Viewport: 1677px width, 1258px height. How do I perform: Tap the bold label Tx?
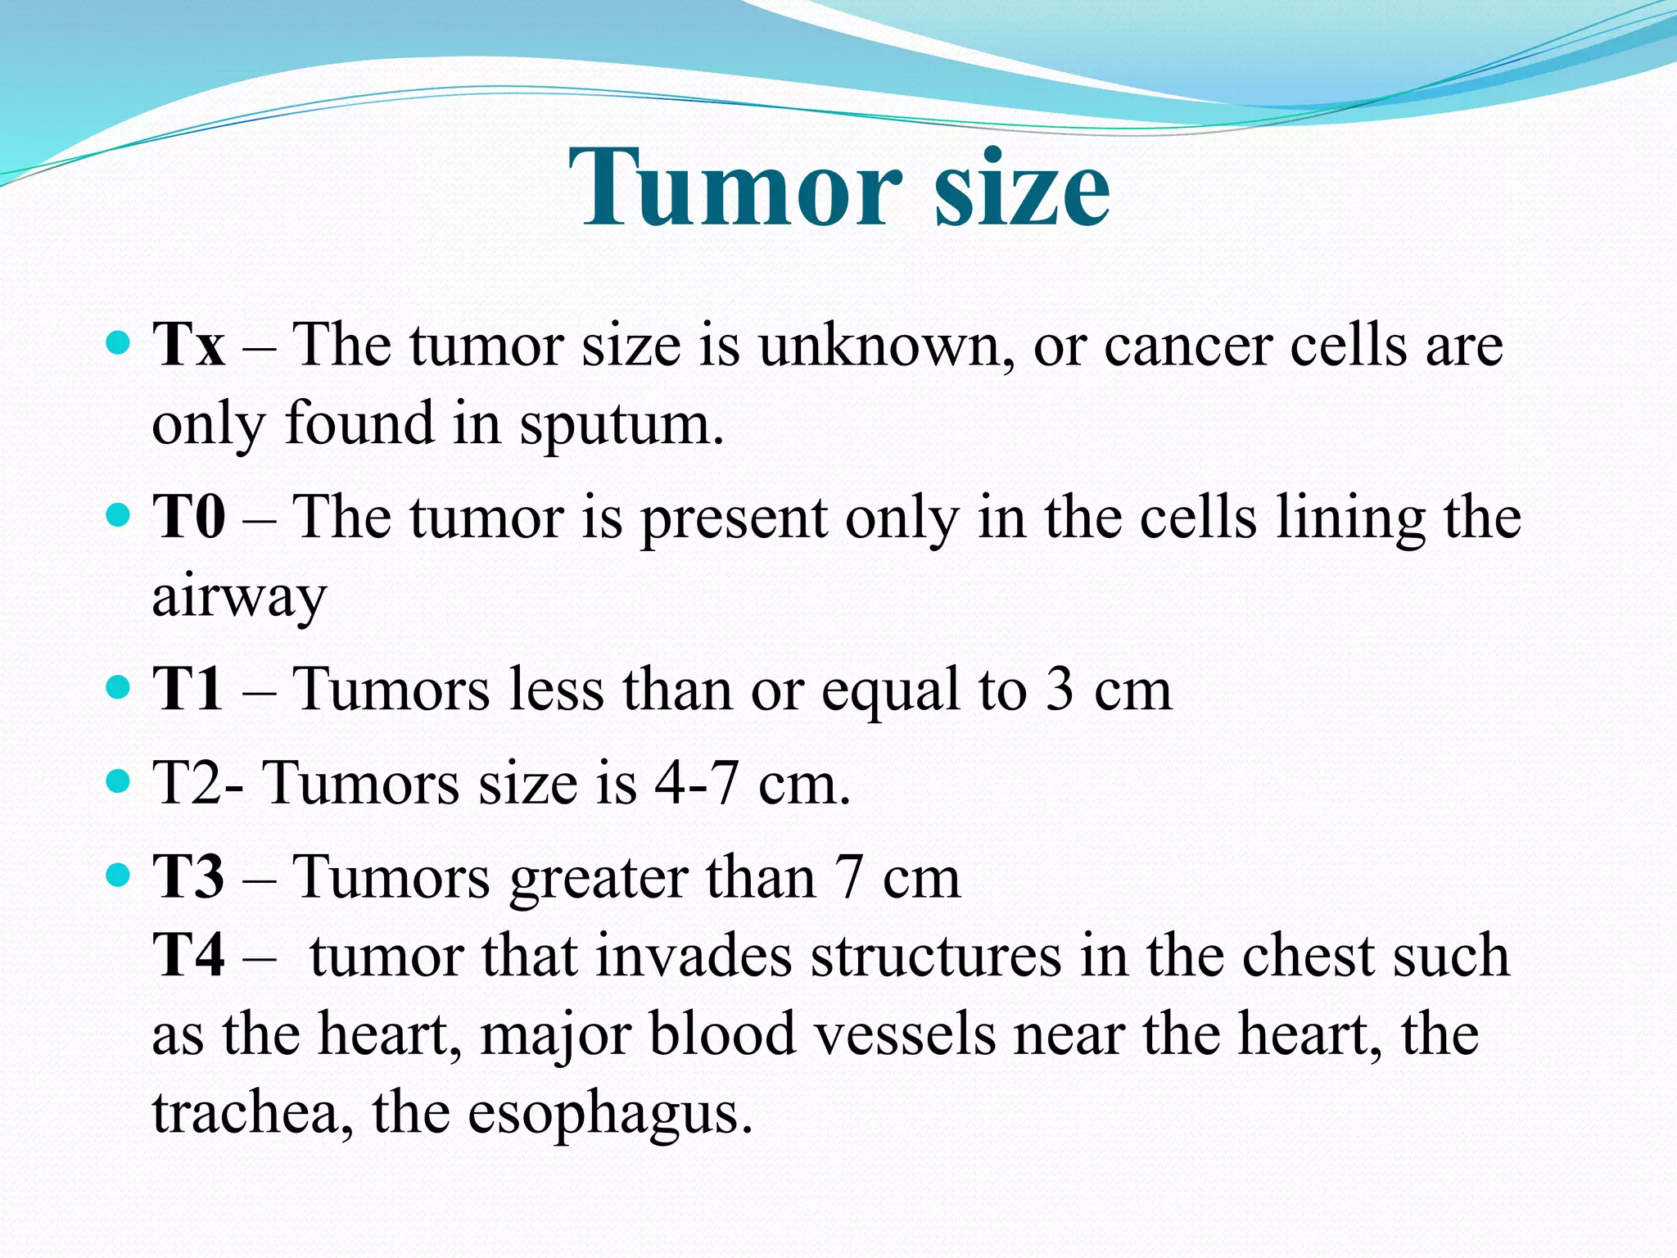(188, 345)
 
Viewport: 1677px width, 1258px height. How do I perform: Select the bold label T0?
(188, 518)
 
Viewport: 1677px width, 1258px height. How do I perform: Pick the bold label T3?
(188, 877)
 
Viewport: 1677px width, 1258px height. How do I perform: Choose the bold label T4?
(188, 956)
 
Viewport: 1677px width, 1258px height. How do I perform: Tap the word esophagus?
(609, 1114)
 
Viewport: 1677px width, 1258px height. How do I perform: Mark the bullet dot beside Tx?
(119, 342)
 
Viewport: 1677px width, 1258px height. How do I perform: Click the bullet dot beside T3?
(119, 875)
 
